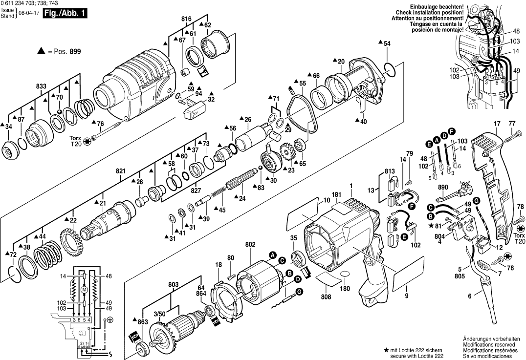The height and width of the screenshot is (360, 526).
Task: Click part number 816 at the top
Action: point(186,19)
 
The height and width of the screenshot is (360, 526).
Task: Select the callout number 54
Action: point(387,44)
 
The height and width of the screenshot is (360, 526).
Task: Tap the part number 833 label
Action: point(42,86)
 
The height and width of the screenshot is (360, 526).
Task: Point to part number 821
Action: point(121,171)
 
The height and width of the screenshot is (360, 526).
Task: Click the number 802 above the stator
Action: point(250,244)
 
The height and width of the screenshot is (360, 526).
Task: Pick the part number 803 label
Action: point(173,284)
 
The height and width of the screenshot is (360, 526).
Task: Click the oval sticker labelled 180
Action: point(345,275)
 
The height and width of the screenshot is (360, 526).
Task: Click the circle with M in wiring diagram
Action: point(84,290)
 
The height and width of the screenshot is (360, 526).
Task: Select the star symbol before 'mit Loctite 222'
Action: point(386,350)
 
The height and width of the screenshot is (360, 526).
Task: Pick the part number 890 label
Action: point(443,188)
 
